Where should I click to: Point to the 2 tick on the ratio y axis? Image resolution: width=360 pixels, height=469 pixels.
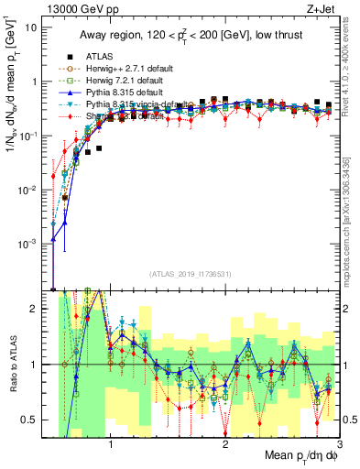click(x=35, y=309)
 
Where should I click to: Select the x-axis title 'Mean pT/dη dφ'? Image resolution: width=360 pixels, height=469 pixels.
click(x=294, y=459)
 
